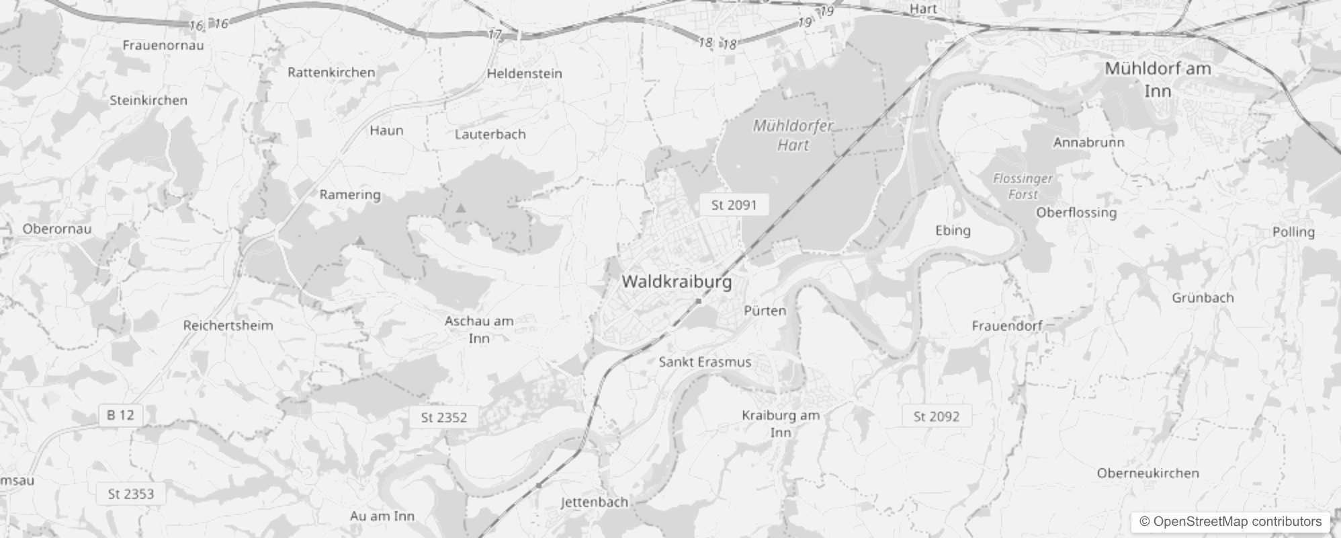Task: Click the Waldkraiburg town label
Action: pos(677,281)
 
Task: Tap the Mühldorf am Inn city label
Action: pos(1158,79)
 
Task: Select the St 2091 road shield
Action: pos(734,205)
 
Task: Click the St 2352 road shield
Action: pos(443,418)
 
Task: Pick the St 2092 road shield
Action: pos(937,416)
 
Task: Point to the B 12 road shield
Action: pos(120,415)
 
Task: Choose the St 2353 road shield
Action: pos(131,494)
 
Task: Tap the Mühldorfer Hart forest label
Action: pos(793,135)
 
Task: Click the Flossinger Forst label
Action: pos(1023,186)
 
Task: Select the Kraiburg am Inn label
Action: pos(781,423)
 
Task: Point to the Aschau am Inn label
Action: pos(479,330)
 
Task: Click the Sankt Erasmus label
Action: pos(705,362)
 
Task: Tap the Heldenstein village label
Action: pos(524,73)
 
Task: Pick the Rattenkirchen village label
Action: pos(331,72)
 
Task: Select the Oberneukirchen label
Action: pos(1148,473)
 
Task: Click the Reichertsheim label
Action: pos(228,325)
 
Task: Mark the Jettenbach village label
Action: pos(595,502)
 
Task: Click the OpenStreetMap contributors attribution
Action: pos(1230,521)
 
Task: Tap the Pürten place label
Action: pos(765,311)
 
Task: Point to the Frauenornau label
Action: pos(163,45)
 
